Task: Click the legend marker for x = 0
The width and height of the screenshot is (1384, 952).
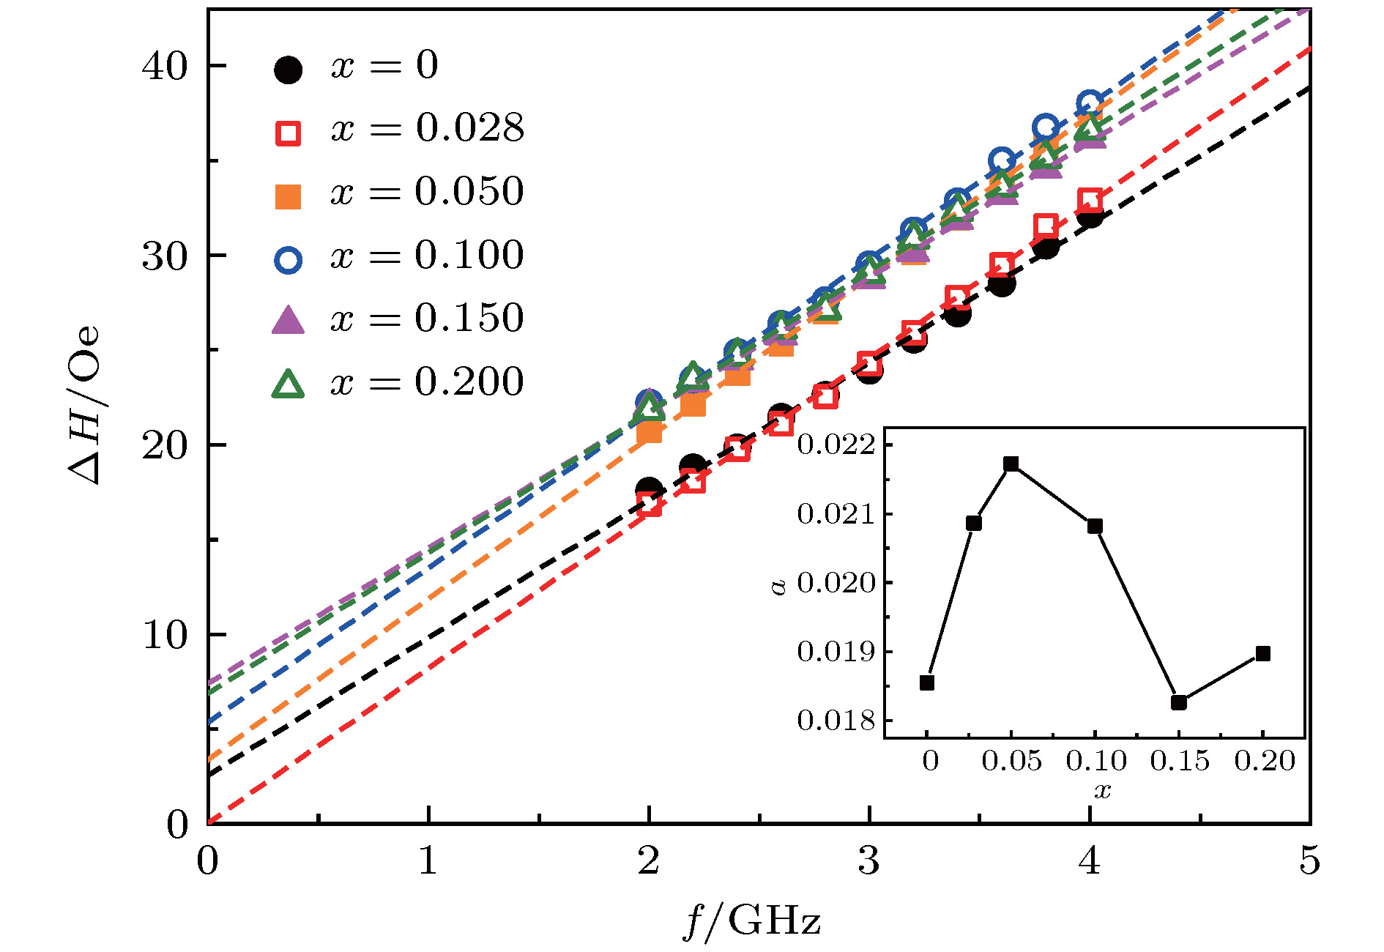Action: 288,70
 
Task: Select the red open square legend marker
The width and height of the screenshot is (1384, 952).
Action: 288,133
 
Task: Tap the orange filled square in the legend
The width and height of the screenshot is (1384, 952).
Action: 288,196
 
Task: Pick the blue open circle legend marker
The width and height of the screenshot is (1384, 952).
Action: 288,260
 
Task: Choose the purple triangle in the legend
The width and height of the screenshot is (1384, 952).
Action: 288,321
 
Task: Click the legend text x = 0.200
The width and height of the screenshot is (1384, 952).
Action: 428,382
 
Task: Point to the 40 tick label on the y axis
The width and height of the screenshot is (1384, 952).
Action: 165,67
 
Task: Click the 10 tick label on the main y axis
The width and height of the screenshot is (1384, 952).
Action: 165,635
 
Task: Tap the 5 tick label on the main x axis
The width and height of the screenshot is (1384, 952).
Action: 1309,861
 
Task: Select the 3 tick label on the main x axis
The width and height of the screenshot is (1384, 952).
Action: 868,861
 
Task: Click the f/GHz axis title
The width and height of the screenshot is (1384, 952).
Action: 751,921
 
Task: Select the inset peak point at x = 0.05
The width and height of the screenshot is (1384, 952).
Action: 1011,464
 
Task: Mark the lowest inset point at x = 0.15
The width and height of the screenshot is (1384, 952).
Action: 1179,702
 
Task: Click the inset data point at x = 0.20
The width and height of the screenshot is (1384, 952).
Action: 1262,653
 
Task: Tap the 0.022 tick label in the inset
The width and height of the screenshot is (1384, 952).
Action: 836,445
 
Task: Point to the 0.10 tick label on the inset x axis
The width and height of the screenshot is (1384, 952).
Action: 1095,762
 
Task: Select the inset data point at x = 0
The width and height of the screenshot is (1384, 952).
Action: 927,683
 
